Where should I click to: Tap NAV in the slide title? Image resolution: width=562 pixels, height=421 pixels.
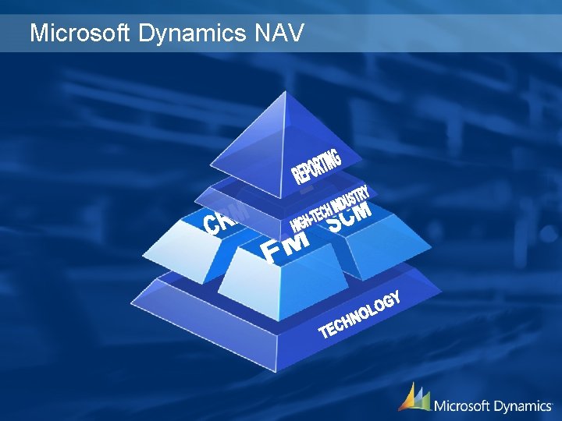pyautogui.click(x=279, y=34)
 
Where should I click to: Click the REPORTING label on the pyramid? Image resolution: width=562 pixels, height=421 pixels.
pyautogui.click(x=317, y=165)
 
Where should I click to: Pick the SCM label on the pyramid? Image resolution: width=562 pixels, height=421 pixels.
pyautogui.click(x=348, y=217)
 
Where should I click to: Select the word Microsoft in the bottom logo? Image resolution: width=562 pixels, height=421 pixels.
pyautogui.click(x=461, y=405)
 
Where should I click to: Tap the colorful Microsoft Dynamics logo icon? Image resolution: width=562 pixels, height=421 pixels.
pyautogui.click(x=414, y=397)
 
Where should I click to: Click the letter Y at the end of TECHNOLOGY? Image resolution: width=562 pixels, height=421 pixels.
pyautogui.click(x=397, y=297)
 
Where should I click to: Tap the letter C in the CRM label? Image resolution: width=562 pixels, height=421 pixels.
pyautogui.click(x=212, y=226)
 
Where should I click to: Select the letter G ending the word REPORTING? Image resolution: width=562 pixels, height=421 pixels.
pyautogui.click(x=335, y=153)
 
